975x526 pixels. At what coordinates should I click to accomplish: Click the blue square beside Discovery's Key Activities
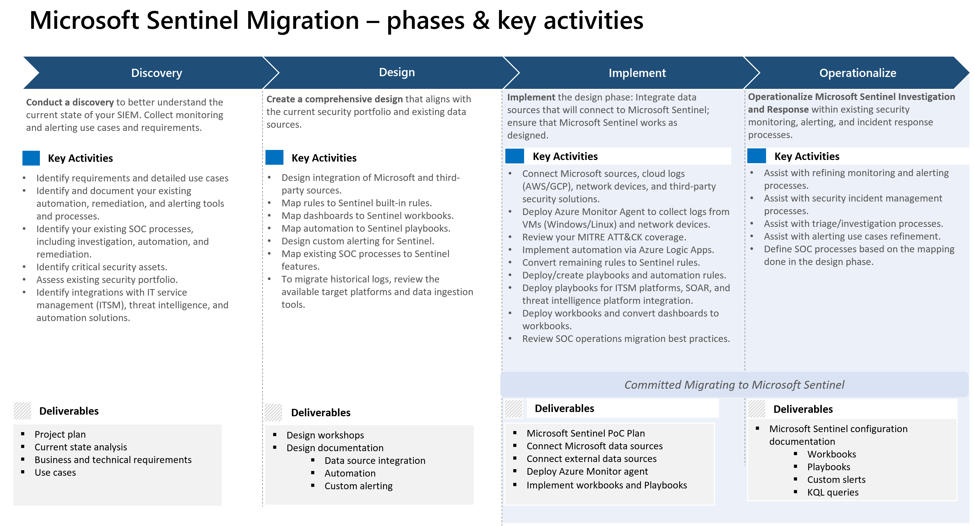(x=31, y=158)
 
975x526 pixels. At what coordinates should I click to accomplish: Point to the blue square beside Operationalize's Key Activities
(x=756, y=156)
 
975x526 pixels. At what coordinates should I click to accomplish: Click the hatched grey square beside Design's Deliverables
(x=273, y=412)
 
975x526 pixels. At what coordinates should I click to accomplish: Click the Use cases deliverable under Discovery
(x=55, y=473)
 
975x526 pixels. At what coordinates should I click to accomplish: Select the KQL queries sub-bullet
(x=832, y=492)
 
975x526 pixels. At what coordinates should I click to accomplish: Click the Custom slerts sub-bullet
(x=836, y=479)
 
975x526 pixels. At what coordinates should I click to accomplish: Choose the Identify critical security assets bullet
(x=101, y=267)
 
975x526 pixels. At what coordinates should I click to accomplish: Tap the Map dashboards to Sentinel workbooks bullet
(x=367, y=216)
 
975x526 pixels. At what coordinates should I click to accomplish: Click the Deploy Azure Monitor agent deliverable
(x=587, y=472)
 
